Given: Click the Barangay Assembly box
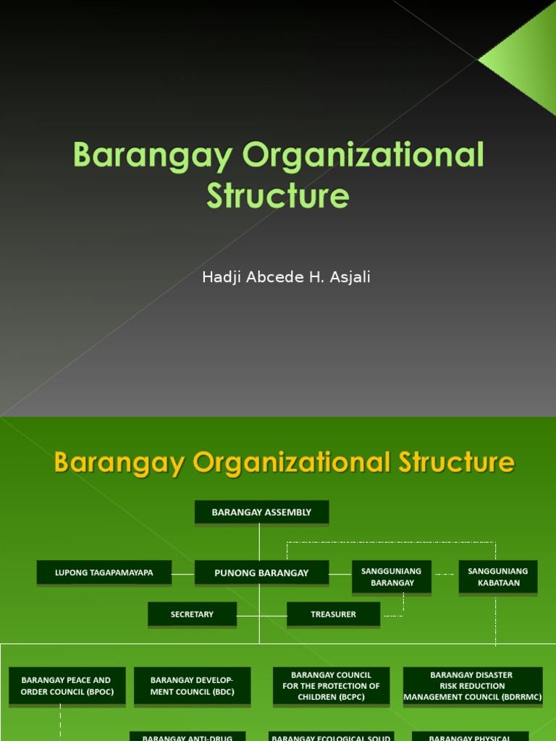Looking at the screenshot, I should coord(261,512).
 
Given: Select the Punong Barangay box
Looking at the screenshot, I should coord(261,572).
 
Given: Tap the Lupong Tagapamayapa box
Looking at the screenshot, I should coord(104,572).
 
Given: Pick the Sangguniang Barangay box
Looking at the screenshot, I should coord(392,577).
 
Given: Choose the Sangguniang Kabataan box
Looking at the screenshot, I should coord(498,577).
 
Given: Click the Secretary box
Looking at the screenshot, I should coord(192,614).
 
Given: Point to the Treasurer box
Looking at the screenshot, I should coord(333,614).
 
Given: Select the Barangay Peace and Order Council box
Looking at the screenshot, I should coord(67,686).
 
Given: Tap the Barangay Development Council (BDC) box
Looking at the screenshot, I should coord(192,686).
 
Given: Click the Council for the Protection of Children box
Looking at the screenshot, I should coord(331,686).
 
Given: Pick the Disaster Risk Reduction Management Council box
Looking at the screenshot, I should coord(472,686).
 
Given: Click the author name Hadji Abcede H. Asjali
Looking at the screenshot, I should coord(286,277).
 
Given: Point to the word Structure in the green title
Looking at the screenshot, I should coord(278,196).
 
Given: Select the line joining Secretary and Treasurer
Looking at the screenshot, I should coord(261,615).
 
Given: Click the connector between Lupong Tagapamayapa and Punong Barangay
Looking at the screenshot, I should coord(183,573).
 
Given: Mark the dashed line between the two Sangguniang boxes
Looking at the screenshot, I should coord(445,575).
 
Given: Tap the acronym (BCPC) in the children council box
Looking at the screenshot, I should coord(351,697).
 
